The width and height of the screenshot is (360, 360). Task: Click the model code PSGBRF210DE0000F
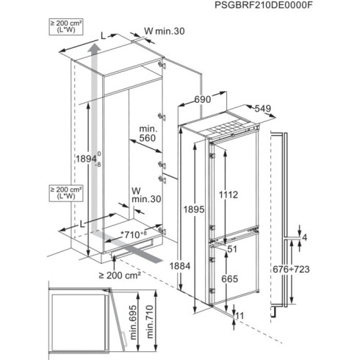click(x=293, y=8)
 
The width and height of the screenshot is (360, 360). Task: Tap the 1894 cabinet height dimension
click(x=99, y=161)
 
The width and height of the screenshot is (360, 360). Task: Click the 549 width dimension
click(x=263, y=108)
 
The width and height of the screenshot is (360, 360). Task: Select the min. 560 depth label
click(x=148, y=134)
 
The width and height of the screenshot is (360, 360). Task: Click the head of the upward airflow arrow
click(x=93, y=48)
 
